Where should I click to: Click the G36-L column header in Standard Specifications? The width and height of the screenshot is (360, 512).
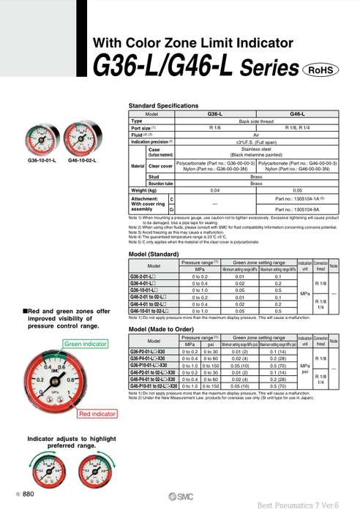pyautogui.click(x=216, y=115)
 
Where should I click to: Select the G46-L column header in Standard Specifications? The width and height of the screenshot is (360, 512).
pyautogui.click(x=298, y=115)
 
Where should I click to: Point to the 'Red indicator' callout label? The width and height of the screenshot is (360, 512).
pyautogui.click(x=97, y=414)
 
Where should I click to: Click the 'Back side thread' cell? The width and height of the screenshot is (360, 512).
pyautogui.click(x=257, y=121)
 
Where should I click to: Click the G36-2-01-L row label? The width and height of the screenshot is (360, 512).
pyautogui.click(x=143, y=277)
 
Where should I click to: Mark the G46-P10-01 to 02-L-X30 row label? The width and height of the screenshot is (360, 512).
pyautogui.click(x=153, y=385)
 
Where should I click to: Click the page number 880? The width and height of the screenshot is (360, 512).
pyautogui.click(x=28, y=494)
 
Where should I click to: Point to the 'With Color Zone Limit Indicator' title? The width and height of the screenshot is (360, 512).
pyautogui.click(x=193, y=43)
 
